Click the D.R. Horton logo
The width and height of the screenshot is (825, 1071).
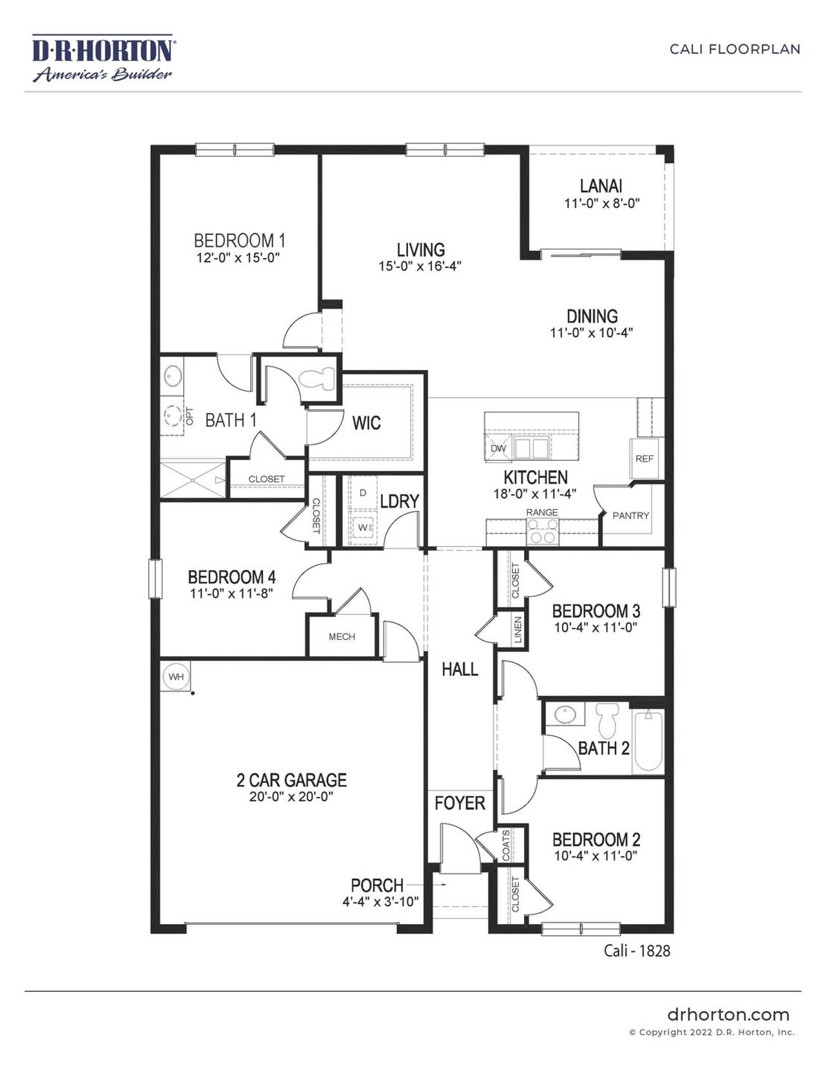tap(102, 59)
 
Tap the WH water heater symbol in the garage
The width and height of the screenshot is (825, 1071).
tap(176, 677)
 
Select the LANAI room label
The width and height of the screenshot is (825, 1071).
tap(601, 186)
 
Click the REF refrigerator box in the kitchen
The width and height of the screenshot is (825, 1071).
tap(644, 459)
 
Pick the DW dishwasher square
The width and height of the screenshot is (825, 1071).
tap(498, 448)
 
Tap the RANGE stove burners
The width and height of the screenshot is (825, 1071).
tap(542, 531)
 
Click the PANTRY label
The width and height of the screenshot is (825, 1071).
tap(630, 516)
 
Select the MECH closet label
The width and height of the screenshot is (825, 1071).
tap(342, 637)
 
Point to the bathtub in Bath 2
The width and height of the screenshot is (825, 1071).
tap(648, 741)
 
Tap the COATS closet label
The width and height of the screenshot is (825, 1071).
tap(506, 845)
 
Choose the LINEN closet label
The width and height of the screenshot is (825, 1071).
tap(518, 630)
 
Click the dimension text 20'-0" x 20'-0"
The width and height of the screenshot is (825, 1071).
tap(291, 797)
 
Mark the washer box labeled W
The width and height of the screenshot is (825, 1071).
tap(363, 528)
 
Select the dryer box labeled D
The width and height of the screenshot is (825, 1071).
tap(363, 493)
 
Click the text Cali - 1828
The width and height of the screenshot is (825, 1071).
tap(637, 950)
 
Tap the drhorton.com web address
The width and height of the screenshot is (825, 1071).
tap(728, 1015)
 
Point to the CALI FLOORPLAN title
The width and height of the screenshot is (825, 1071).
tap(735, 50)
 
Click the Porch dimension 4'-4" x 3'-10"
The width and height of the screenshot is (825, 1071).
tap(380, 902)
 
